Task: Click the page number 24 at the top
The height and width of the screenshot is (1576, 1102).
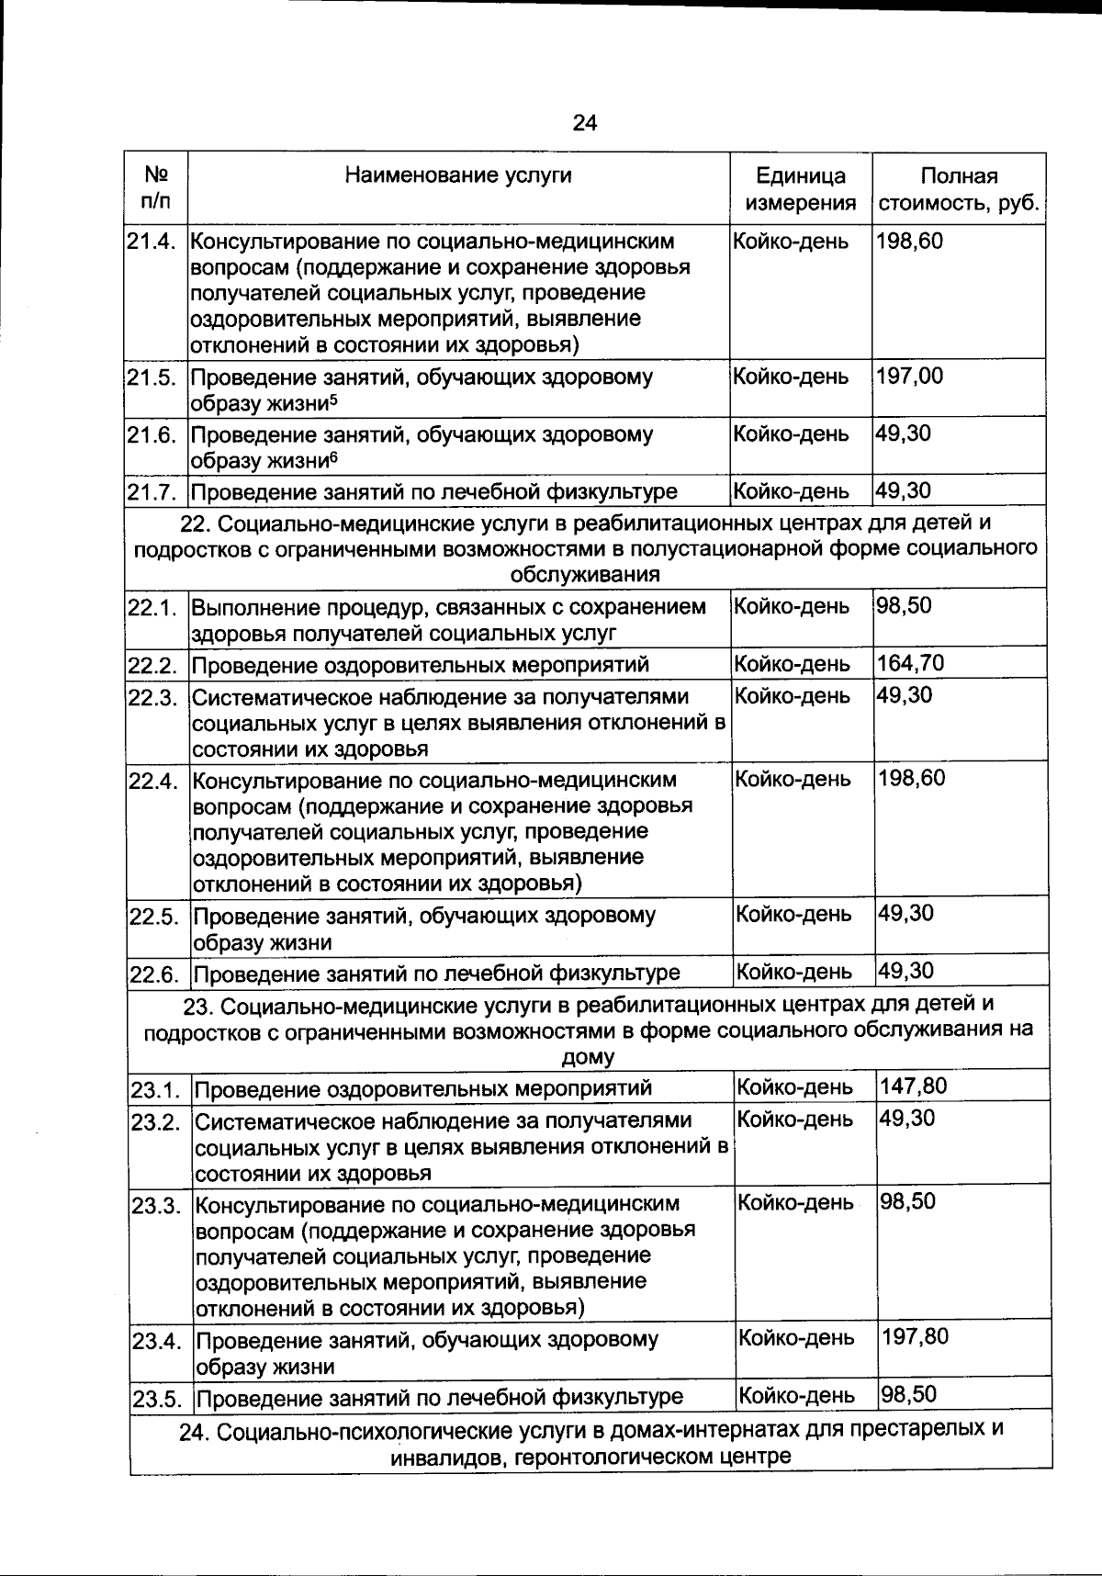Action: point(584,123)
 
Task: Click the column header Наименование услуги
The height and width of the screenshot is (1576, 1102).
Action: point(457,175)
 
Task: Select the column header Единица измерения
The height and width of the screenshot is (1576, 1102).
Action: point(800,189)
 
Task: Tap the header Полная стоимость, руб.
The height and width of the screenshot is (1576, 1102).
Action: point(959,189)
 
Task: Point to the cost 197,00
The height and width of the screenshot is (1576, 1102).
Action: point(910,376)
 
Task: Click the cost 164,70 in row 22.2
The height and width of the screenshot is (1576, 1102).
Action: point(911,663)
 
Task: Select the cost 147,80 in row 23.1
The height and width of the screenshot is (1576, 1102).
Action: point(913,1086)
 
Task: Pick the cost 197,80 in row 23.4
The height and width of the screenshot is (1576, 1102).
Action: point(915,1336)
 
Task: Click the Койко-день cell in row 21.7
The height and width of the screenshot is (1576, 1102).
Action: point(792,491)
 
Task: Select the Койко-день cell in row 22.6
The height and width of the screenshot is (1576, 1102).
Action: point(794,972)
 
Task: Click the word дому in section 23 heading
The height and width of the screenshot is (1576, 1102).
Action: point(588,1056)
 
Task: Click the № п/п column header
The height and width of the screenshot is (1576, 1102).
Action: point(156,187)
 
